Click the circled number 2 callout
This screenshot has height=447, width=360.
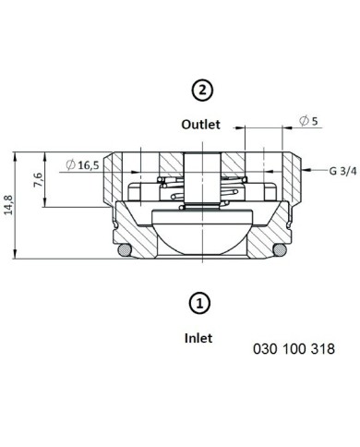click(202, 91)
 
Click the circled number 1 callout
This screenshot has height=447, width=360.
click(199, 304)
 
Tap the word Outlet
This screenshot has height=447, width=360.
click(200, 125)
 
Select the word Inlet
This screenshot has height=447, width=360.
click(198, 338)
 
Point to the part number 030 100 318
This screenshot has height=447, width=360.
click(294, 349)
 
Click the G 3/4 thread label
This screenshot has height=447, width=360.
click(342, 171)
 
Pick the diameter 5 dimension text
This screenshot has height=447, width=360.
click(308, 121)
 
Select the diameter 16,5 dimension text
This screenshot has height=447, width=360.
click(83, 165)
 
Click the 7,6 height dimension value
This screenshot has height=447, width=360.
click(38, 179)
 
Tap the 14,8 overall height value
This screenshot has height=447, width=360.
click(8, 205)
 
